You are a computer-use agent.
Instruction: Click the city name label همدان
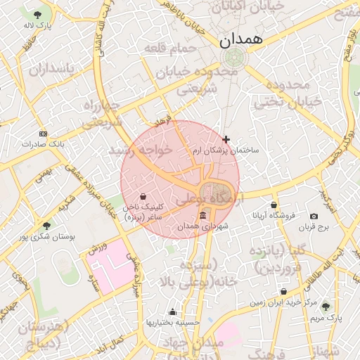[x=240, y=40]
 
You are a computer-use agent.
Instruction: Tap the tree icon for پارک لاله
[x=37, y=14]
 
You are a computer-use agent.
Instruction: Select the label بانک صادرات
[x=42, y=143]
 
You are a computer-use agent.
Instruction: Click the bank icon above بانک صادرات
[x=43, y=134]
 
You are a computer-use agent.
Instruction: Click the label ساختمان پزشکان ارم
[x=226, y=150]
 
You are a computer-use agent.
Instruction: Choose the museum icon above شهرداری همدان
[x=203, y=215]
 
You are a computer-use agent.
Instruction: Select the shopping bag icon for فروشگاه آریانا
[x=274, y=205]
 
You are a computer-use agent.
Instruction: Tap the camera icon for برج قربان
[x=314, y=216]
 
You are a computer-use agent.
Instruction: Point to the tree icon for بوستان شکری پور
[x=46, y=226]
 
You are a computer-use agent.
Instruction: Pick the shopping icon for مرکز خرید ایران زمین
[x=283, y=291]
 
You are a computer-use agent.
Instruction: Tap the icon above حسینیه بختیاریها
[x=172, y=311]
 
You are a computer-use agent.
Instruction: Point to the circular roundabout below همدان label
[x=231, y=58]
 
